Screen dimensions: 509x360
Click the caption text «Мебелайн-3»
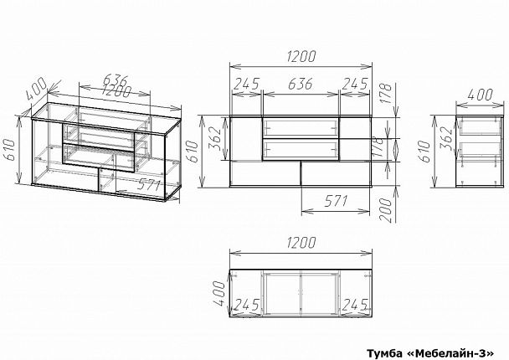(x=455, y=352)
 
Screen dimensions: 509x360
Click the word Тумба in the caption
(x=384, y=352)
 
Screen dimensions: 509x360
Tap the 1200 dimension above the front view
(x=301, y=56)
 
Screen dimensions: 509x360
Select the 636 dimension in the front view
(x=301, y=84)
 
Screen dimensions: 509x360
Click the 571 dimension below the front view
(x=336, y=202)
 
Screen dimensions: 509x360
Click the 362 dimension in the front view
(x=215, y=138)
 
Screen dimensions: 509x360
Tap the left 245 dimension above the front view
(x=246, y=84)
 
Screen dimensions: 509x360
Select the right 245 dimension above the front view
(x=355, y=84)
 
